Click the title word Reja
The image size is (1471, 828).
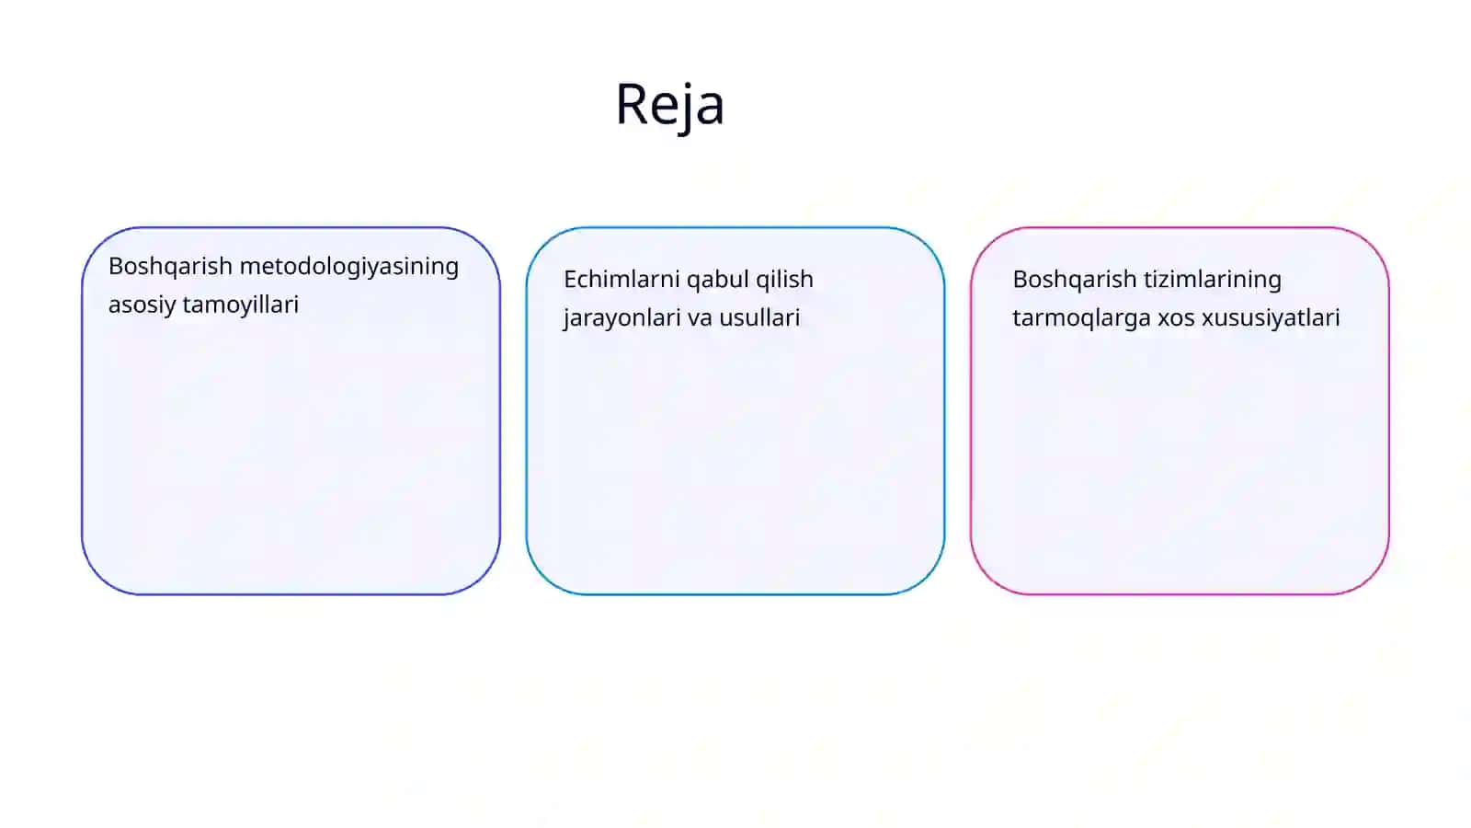pyautogui.click(x=670, y=105)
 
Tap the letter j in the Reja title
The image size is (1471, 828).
pyautogui.click(x=682, y=108)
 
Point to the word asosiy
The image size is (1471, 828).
pyautogui.click(x=142, y=305)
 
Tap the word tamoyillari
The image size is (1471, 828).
pyautogui.click(x=240, y=305)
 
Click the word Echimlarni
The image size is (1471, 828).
pyautogui.click(x=621, y=280)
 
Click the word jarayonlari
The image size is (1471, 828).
pyautogui.click(x=621, y=318)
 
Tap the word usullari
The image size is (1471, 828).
pyautogui.click(x=759, y=317)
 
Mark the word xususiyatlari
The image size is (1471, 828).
pyautogui.click(x=1271, y=318)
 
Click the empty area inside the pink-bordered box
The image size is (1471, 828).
pyautogui.click(x=1180, y=460)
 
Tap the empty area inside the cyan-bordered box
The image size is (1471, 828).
pyautogui.click(x=735, y=460)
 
